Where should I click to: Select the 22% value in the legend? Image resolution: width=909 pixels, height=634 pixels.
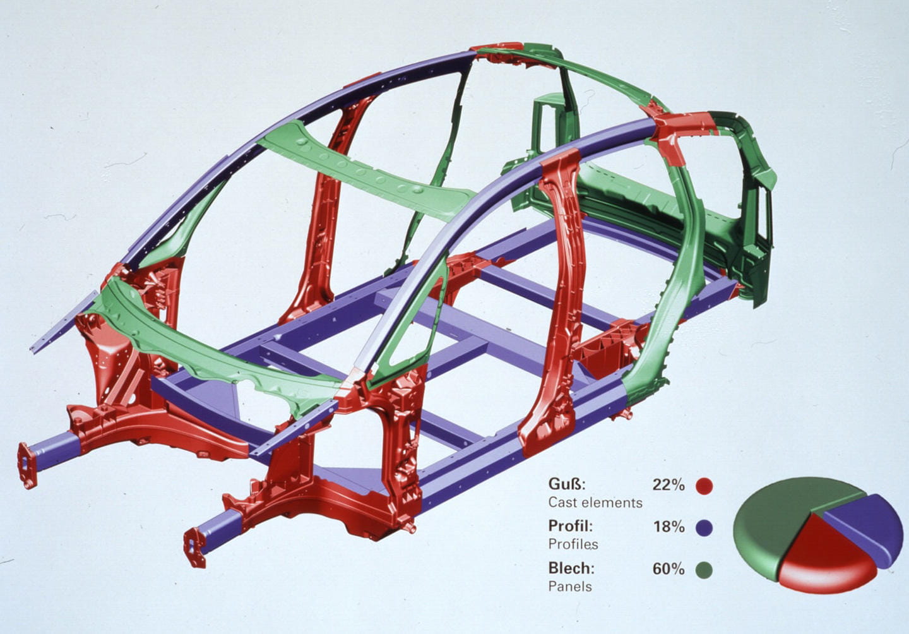[x=668, y=484]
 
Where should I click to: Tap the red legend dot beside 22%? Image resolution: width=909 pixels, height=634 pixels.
[x=704, y=486]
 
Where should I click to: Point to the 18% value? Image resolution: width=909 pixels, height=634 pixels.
[x=668, y=527]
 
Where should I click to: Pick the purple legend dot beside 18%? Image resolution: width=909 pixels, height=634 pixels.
[x=704, y=528]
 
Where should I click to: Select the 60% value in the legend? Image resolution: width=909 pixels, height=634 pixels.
[x=668, y=569]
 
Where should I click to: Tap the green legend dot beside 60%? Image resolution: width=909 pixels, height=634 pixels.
[x=704, y=570]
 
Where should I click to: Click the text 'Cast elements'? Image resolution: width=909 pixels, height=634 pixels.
[x=595, y=503]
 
